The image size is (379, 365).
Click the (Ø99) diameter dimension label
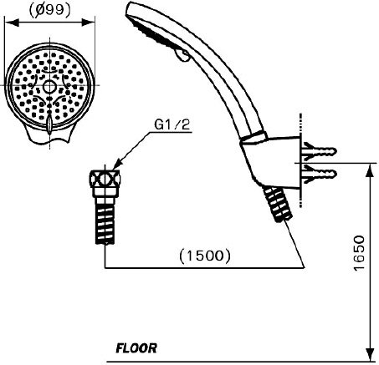(50, 11)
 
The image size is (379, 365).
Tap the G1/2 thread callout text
(172, 124)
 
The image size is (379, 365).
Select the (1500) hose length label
(205, 256)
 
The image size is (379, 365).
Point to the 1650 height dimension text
(359, 253)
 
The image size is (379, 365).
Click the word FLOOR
(136, 348)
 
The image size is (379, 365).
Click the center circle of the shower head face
(49, 87)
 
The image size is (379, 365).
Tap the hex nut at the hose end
(105, 179)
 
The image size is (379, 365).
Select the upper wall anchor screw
(320, 151)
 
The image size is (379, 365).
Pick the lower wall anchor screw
(320, 174)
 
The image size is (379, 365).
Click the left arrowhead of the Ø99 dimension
(12, 23)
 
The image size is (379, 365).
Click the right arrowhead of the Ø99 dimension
(88, 23)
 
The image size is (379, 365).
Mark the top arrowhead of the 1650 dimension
(370, 170)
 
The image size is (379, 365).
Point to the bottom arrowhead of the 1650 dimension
(370, 355)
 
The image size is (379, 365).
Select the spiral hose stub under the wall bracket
(278, 204)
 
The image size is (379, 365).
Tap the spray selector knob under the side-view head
(182, 55)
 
